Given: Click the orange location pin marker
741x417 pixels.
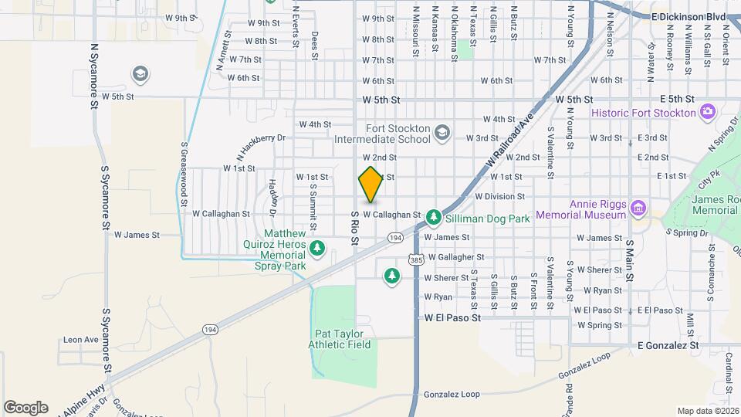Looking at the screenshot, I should click(x=370, y=185).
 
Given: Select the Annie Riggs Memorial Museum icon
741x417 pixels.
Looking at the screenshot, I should click(x=638, y=208).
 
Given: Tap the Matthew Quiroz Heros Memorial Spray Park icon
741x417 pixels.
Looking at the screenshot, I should click(x=317, y=248).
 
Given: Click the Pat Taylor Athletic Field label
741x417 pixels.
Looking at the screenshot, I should click(x=342, y=339).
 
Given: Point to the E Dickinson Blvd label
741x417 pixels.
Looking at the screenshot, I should click(x=689, y=16).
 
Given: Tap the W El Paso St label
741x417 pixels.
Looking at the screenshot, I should click(x=452, y=317).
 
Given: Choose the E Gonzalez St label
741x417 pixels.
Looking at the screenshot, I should click(x=668, y=345).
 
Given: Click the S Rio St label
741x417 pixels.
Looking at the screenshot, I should click(x=355, y=228).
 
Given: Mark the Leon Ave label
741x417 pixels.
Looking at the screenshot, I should click(x=81, y=339).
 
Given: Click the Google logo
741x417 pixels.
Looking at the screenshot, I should click(x=25, y=407).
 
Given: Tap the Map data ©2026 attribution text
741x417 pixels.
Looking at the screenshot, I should click(x=706, y=411).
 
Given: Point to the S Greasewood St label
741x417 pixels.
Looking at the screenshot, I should click(x=184, y=171).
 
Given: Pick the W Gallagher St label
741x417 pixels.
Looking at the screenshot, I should click(x=455, y=257).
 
